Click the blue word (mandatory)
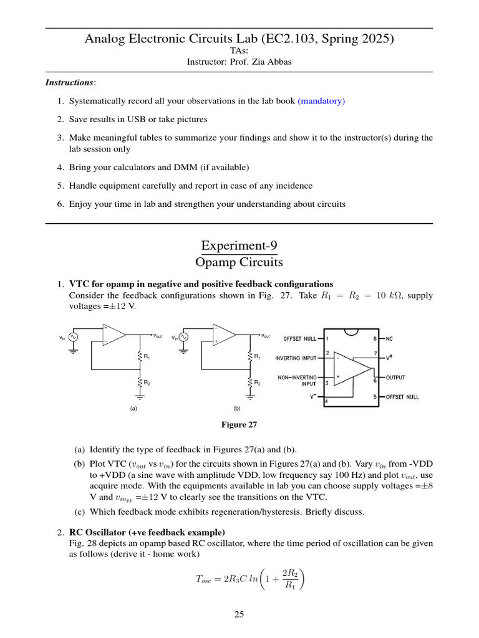pyautogui.click(x=321, y=100)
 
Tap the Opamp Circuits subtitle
pyautogui.click(x=239, y=262)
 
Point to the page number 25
pyautogui.click(x=239, y=614)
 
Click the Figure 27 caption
pyautogui.click(x=239, y=424)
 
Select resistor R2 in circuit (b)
pyautogui.click(x=250, y=382)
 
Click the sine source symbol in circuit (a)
pyautogui.click(x=73, y=337)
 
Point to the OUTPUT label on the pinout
pyautogui.click(x=395, y=378)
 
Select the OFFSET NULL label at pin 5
pyautogui.click(x=402, y=397)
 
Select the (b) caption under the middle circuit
pyautogui.click(x=237, y=409)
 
